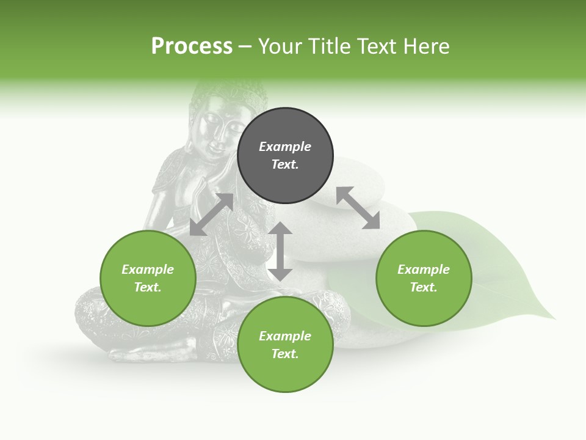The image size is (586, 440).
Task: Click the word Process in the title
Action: pos(192,46)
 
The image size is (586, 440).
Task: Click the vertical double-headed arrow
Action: pos(280,251)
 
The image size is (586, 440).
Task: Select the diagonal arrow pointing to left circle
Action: pos(211,215)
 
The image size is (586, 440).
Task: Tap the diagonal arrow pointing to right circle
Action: pos(358,208)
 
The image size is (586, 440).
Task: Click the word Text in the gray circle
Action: pos(285,164)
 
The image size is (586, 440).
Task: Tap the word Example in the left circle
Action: pos(148,269)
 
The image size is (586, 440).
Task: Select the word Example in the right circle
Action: pos(424,269)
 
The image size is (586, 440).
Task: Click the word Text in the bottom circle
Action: pos(285,354)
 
